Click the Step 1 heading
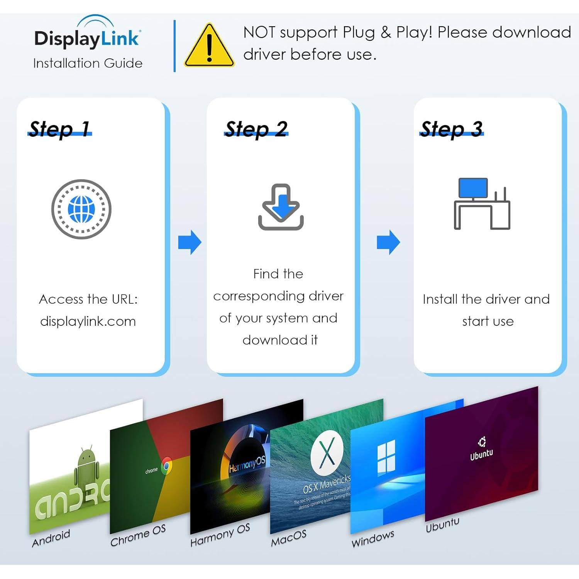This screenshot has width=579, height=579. pyautogui.click(x=59, y=129)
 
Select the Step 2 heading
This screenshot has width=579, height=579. pyautogui.click(x=256, y=129)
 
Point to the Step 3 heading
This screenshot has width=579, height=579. pyautogui.click(x=452, y=129)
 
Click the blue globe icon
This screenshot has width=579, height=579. pyautogui.click(x=81, y=209)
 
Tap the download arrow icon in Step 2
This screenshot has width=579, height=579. pyautogui.click(x=281, y=207)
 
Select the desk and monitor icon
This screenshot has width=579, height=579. pyautogui.click(x=482, y=204)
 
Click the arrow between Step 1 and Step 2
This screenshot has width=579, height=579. pyautogui.click(x=190, y=242)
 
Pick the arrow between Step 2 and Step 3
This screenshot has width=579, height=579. pyautogui.click(x=388, y=242)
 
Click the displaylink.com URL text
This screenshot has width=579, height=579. pyautogui.click(x=88, y=321)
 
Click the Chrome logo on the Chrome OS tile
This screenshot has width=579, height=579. pyautogui.click(x=167, y=466)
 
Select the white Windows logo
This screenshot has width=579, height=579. pyautogui.click(x=386, y=458)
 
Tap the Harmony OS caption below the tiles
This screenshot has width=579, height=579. pyautogui.click(x=220, y=535)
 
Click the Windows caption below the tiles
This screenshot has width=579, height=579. pyautogui.click(x=373, y=538)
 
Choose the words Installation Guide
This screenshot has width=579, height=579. pyautogui.click(x=88, y=63)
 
